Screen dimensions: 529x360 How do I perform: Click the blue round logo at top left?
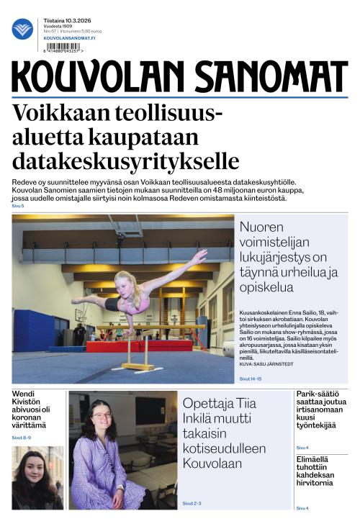pyautogui.click(x=22, y=29)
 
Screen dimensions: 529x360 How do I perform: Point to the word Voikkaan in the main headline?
pyautogui.click(x=53, y=114)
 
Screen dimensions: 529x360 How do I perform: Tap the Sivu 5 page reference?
pyautogui.click(x=18, y=206)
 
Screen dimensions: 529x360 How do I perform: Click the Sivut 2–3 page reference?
pyautogui.click(x=192, y=503)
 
